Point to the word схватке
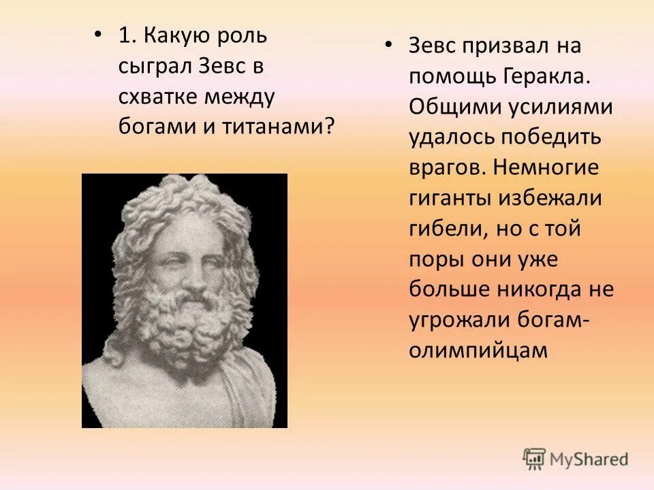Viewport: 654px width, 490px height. (156, 97)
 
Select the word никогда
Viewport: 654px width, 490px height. (541, 289)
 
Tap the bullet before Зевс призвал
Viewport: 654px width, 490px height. (388, 46)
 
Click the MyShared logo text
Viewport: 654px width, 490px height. (589, 459)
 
